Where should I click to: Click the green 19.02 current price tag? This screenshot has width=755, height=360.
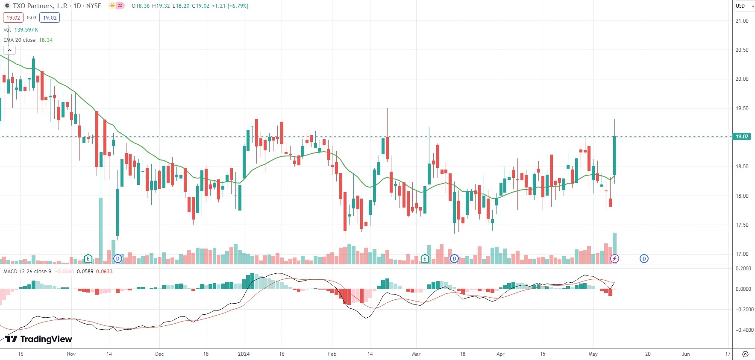pyautogui.click(x=742, y=137)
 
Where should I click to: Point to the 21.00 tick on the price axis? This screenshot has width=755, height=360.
pyautogui.click(x=742, y=20)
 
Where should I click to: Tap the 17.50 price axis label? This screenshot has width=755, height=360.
pyautogui.click(x=742, y=225)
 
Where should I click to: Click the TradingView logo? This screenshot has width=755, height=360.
pyautogui.click(x=39, y=339)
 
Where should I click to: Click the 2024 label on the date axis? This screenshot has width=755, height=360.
pyautogui.click(x=244, y=354)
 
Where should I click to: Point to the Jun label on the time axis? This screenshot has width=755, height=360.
pyautogui.click(x=686, y=354)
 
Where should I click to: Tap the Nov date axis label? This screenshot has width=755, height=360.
pyautogui.click(x=71, y=354)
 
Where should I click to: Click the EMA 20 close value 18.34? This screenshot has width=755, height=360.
pyautogui.click(x=46, y=40)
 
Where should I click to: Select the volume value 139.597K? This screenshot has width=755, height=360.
pyautogui.click(x=26, y=30)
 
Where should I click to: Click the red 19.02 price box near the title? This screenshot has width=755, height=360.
pyautogui.click(x=13, y=18)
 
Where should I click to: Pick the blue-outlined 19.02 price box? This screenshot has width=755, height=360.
pyautogui.click(x=50, y=18)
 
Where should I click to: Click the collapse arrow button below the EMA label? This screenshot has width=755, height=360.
pyautogui.click(x=9, y=50)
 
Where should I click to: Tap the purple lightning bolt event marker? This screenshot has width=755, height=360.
pyautogui.click(x=614, y=258)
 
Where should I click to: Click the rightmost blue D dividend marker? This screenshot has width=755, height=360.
pyautogui.click(x=644, y=258)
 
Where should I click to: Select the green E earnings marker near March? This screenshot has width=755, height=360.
pyautogui.click(x=425, y=258)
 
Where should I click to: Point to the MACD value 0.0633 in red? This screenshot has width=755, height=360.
pyautogui.click(x=104, y=272)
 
